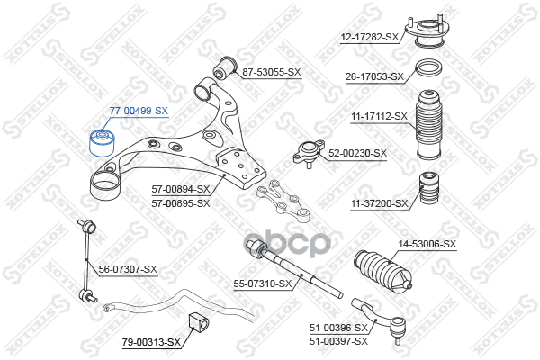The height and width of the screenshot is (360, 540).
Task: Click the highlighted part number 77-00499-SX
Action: (x=139, y=111)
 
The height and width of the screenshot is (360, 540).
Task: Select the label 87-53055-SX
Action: (x=271, y=70)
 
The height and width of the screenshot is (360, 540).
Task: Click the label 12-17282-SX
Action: (x=369, y=37)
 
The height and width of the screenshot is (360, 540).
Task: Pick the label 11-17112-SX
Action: (x=377, y=116)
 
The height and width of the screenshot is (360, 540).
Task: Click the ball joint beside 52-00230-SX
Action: (x=310, y=153)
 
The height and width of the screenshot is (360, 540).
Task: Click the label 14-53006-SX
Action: (x=427, y=244)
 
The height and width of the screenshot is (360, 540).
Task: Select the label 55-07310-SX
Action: (x=264, y=283)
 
